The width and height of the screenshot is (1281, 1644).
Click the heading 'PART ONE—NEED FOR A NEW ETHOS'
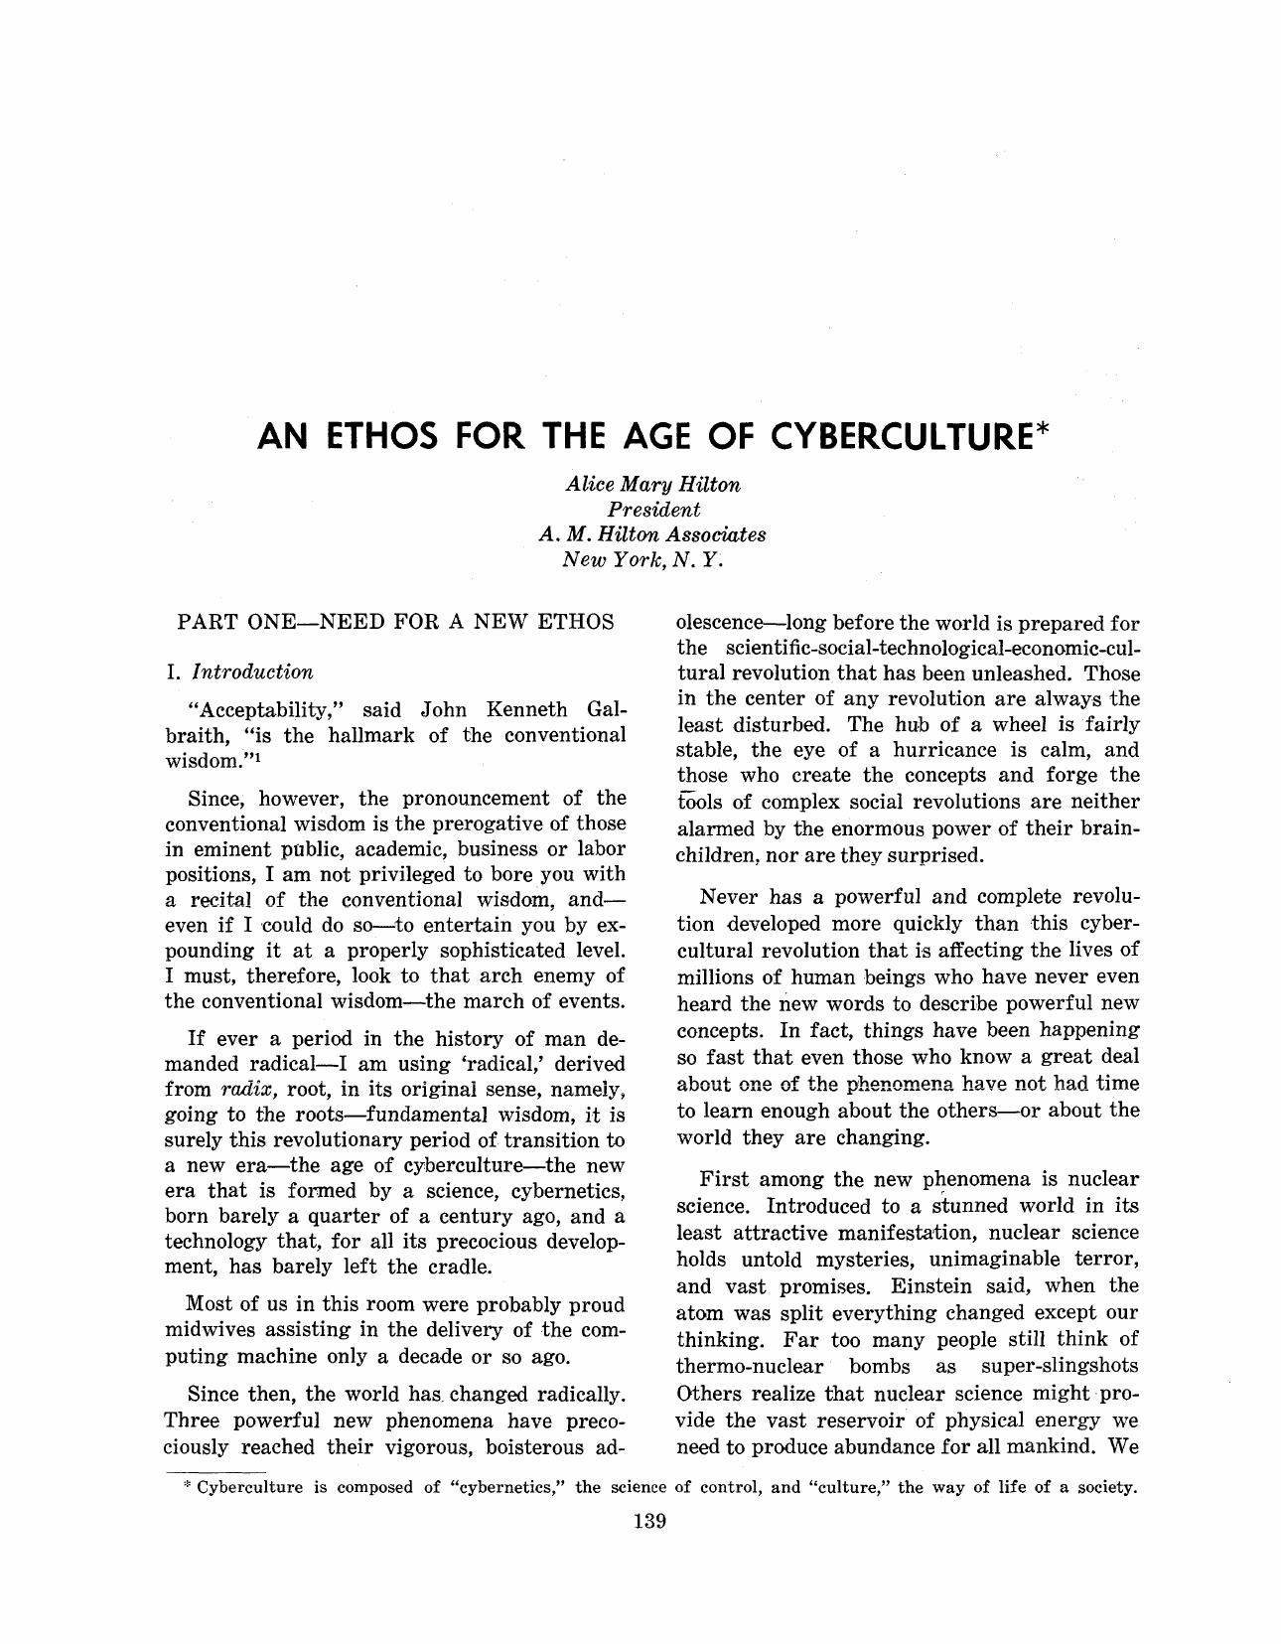tap(395, 623)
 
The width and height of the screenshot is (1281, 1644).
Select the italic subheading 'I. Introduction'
tap(240, 673)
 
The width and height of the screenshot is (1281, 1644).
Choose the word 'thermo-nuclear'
tap(750, 1366)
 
